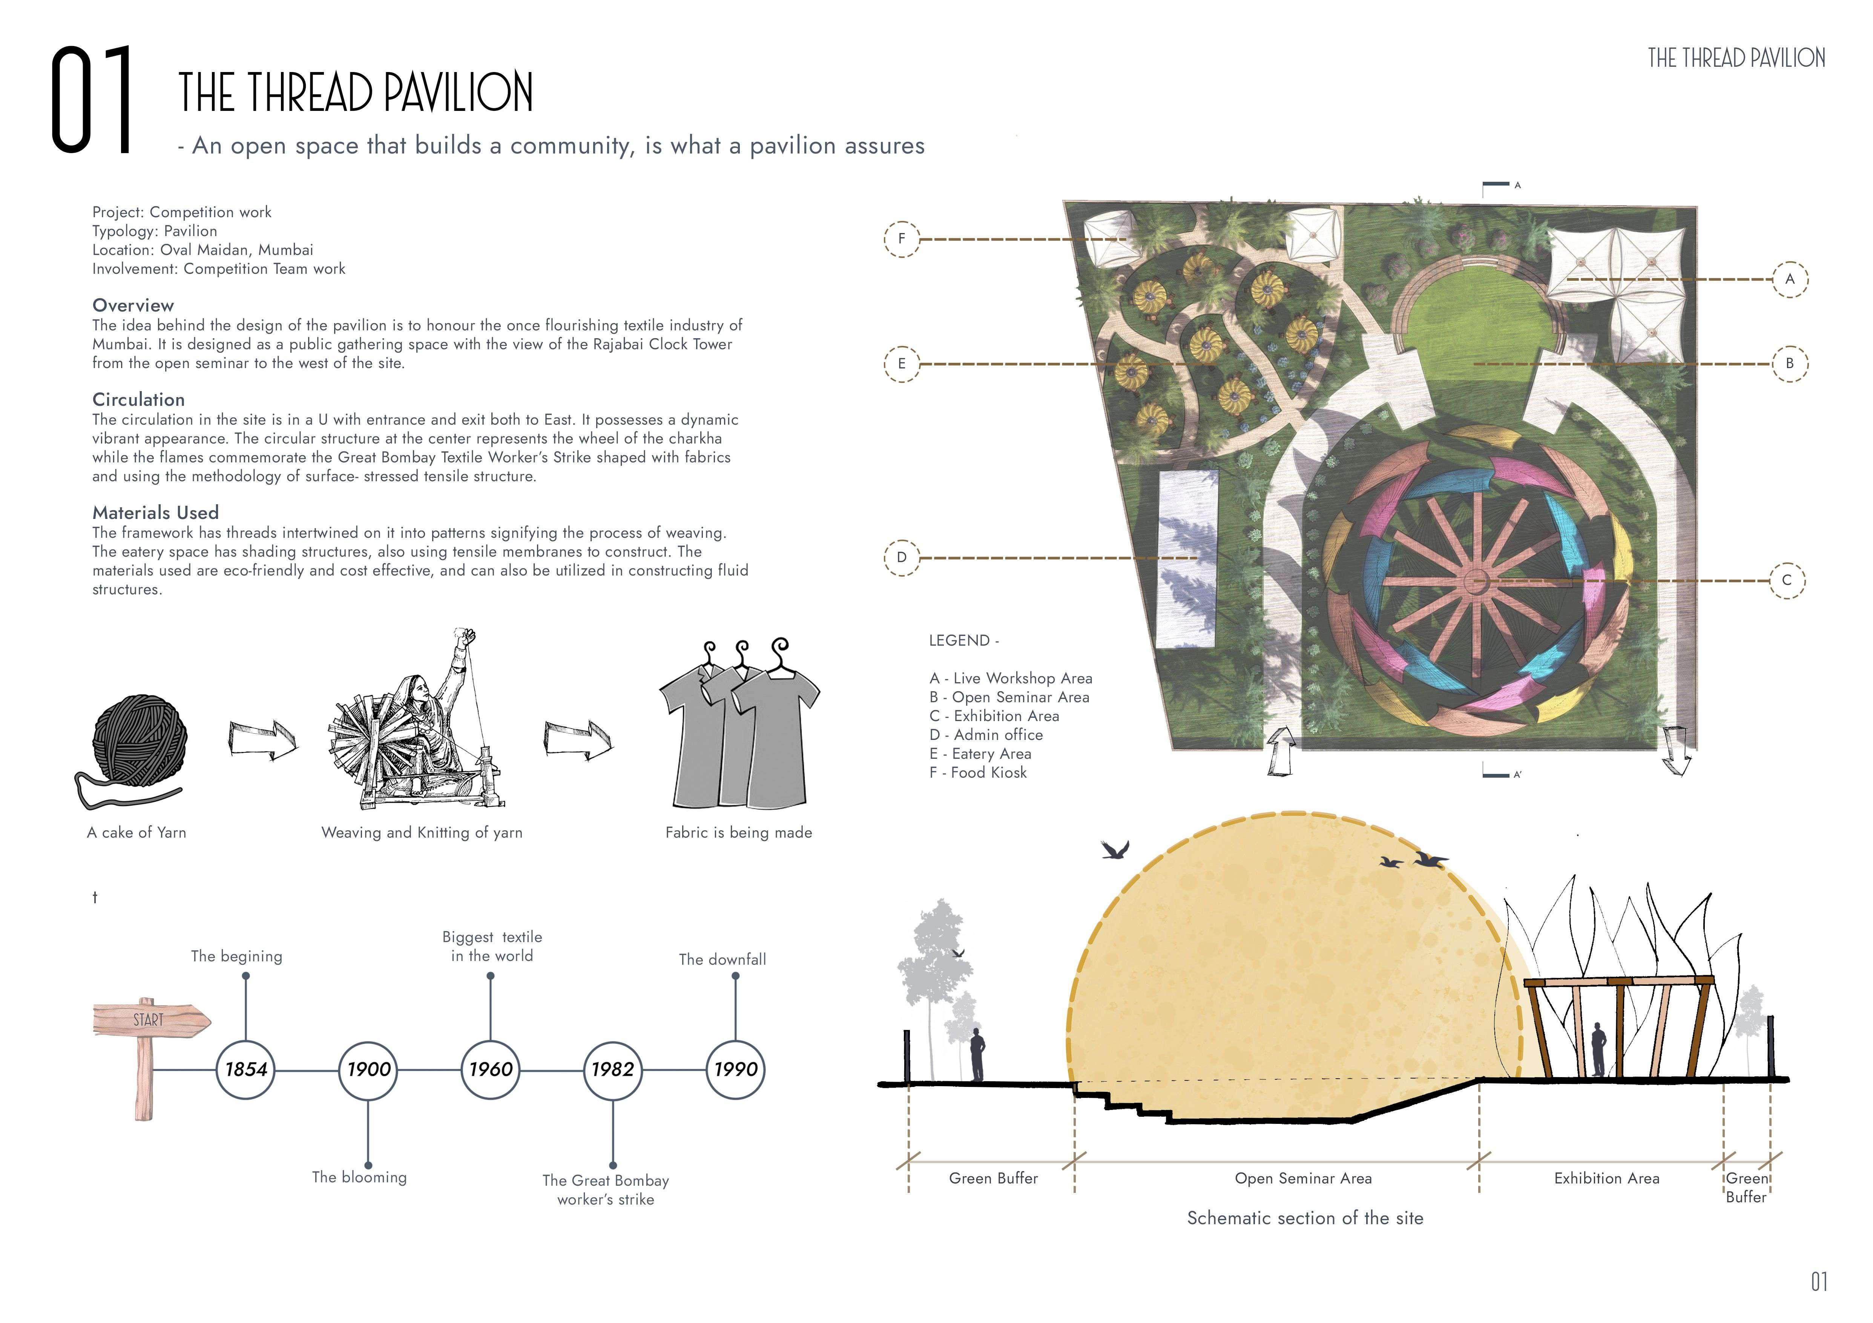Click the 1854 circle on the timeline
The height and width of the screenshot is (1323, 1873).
[245, 1069]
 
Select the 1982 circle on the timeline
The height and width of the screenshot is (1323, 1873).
[613, 1069]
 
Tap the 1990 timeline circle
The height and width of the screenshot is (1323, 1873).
[736, 1069]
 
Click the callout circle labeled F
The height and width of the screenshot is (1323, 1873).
[901, 239]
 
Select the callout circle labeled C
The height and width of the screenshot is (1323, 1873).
[1787, 581]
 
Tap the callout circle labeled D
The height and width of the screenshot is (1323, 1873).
[901, 558]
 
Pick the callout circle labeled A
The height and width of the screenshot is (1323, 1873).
[1790, 279]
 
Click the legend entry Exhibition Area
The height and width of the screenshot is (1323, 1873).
[994, 716]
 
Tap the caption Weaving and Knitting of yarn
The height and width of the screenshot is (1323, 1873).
[422, 833]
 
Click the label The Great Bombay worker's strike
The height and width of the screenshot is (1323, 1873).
[605, 1190]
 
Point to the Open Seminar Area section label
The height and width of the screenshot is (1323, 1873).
[1303, 1179]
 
